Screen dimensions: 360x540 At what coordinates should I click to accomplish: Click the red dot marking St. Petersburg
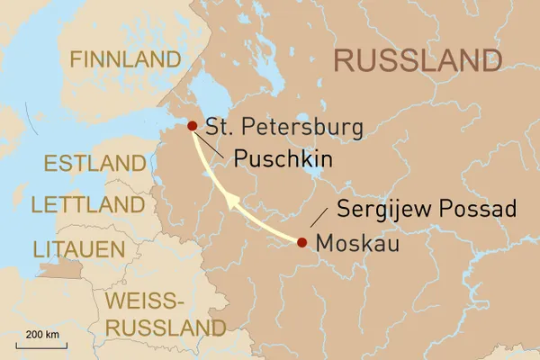pos(192,127)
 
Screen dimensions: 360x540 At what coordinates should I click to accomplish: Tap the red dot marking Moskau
pos(301,242)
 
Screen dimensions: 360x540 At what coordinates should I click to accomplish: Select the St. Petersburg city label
pos(284,127)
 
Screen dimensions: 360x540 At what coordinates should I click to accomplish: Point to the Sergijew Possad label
pos(426,210)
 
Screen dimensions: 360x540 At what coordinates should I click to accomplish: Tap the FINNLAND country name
pos(126,60)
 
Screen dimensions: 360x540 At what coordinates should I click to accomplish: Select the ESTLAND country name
pos(94,164)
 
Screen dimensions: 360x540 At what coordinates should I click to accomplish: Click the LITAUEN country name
pos(78,247)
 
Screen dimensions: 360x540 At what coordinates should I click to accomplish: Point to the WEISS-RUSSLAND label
pos(165,313)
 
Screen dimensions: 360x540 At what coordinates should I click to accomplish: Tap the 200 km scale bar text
pos(42,334)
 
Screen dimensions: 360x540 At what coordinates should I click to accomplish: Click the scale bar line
pos(42,344)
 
